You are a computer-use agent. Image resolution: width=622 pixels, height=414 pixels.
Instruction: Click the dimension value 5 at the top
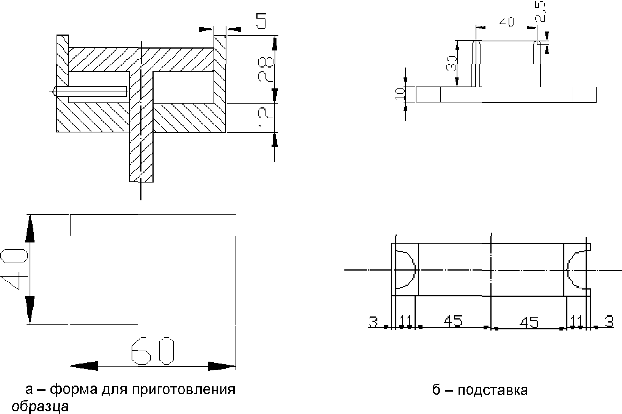pos(261,21)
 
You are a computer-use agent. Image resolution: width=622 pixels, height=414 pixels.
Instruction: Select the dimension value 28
pos(265,69)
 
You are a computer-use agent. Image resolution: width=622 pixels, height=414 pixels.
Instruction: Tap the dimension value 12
pos(266,117)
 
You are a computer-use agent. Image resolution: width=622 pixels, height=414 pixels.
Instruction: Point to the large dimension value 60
pos(152,351)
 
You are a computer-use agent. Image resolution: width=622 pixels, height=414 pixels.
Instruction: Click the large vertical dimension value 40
pos(14,269)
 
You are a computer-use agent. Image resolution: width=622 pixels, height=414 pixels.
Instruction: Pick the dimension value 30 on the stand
pos(451,63)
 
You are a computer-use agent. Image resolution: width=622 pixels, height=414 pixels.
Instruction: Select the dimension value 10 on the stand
pos(399,94)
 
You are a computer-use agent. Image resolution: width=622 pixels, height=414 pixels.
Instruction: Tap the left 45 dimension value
pos(453,321)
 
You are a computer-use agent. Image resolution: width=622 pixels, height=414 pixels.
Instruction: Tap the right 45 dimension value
pos(529,323)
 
